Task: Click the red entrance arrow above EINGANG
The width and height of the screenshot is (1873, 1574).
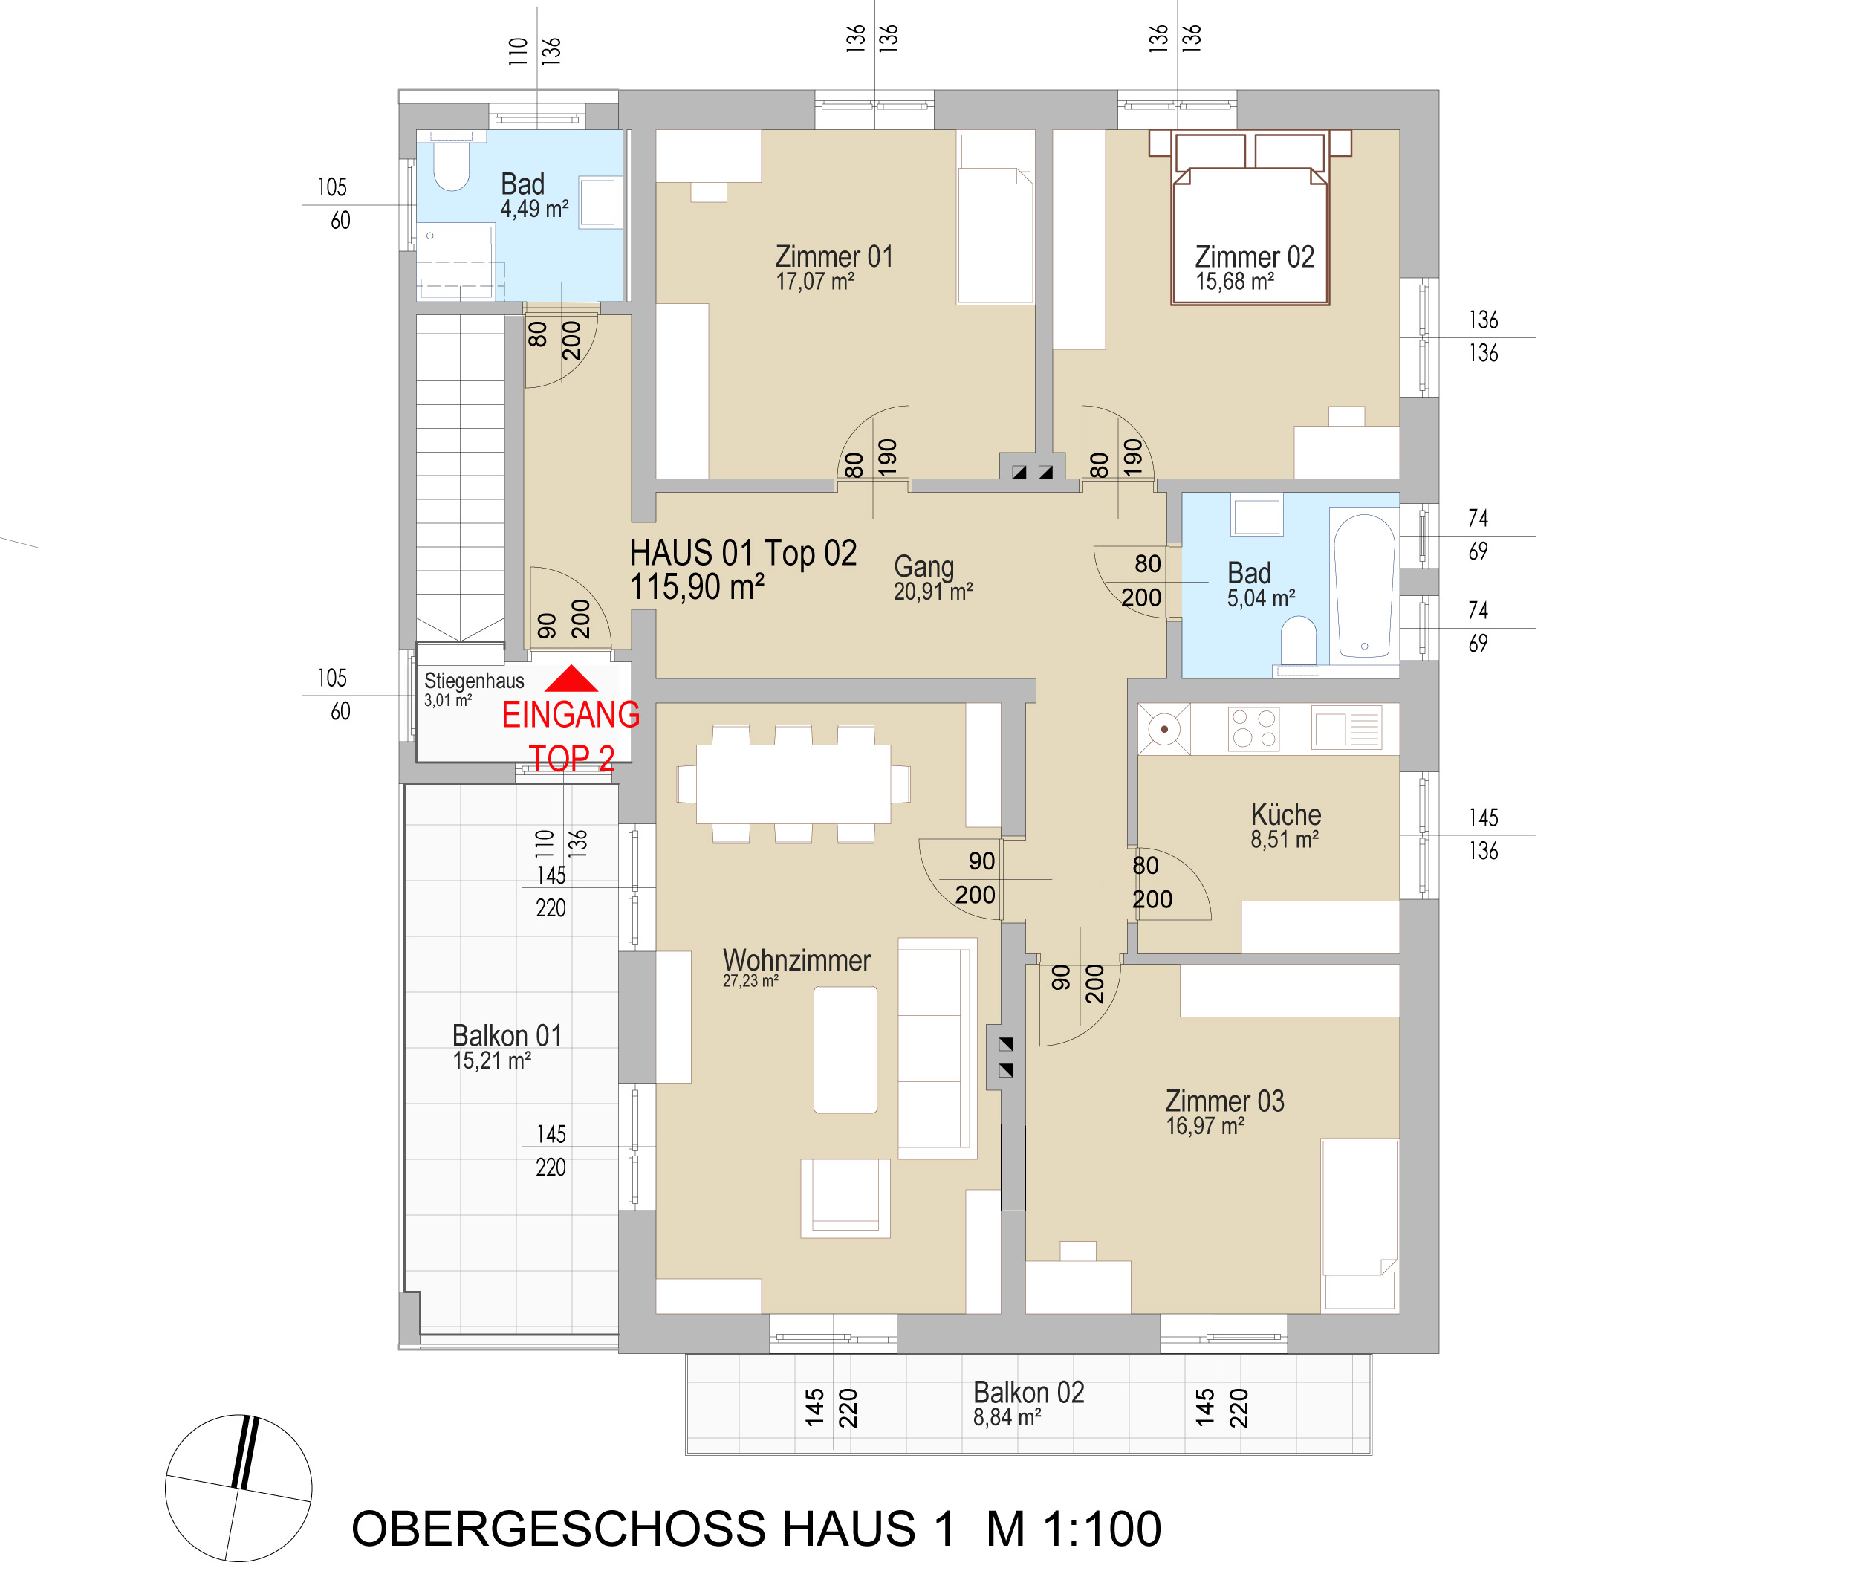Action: click(x=571, y=679)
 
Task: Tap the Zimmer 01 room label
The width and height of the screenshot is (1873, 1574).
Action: click(x=834, y=257)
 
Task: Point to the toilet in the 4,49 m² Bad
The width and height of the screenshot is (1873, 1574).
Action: click(x=451, y=166)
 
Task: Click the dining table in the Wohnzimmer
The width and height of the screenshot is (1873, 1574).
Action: click(x=793, y=784)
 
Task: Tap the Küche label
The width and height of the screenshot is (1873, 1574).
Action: click(x=1285, y=814)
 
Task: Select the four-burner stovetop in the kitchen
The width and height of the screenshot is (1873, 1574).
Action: click(x=1253, y=728)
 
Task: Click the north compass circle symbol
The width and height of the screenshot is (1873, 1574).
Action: click(x=238, y=1488)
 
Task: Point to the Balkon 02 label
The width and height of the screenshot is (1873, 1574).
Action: click(x=1028, y=1392)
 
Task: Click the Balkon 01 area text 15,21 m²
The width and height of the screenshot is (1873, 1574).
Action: click(x=491, y=1061)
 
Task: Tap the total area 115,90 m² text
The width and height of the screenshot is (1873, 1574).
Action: click(x=697, y=587)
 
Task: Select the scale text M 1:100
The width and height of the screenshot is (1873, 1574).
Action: click(x=1073, y=1529)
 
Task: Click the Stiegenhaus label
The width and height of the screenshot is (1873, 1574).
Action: click(x=473, y=681)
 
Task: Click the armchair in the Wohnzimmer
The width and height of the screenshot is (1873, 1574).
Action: click(x=845, y=1197)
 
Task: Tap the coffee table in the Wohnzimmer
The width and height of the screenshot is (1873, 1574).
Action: click(x=845, y=1049)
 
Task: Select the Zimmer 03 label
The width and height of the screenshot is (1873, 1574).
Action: click(x=1224, y=1101)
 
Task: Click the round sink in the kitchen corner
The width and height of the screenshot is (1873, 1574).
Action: click(x=1164, y=729)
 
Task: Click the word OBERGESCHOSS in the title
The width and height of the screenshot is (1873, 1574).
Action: click(x=558, y=1529)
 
